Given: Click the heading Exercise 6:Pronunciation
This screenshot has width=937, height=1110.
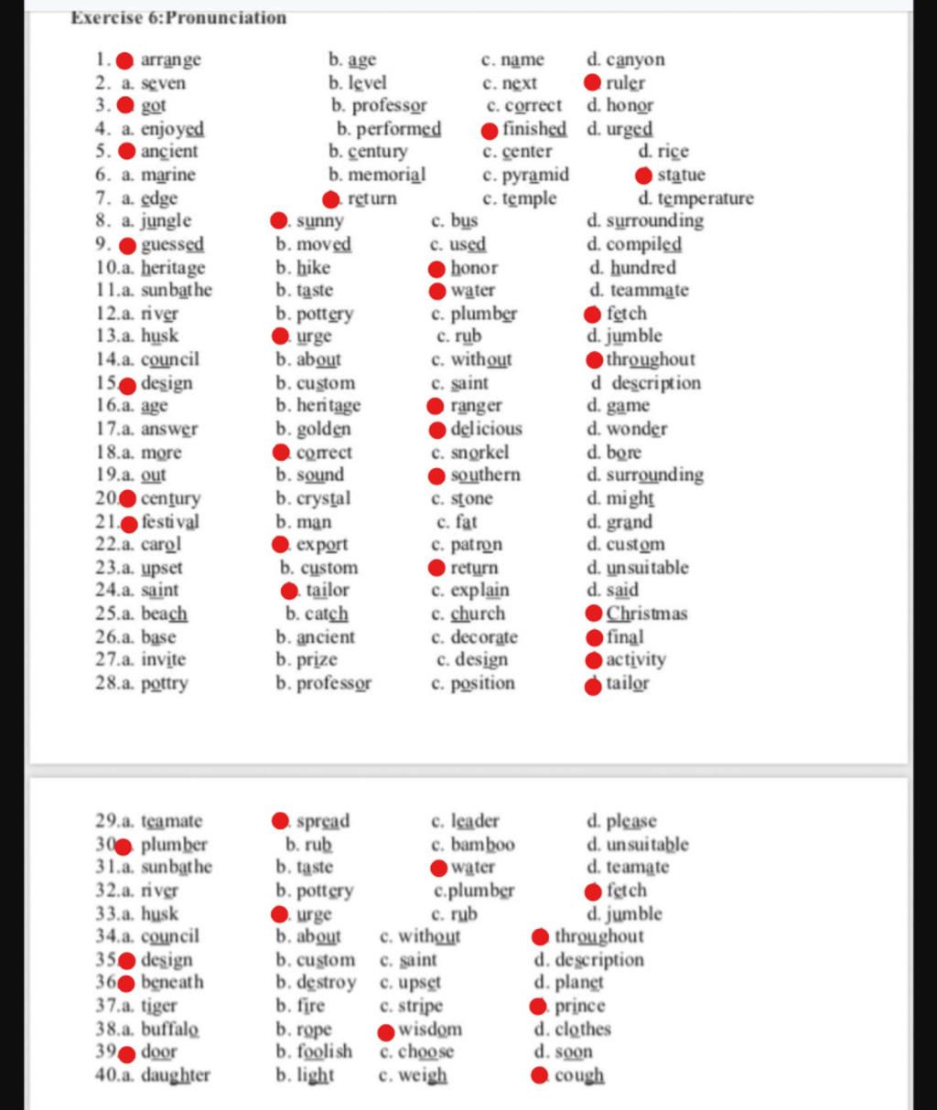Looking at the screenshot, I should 178,17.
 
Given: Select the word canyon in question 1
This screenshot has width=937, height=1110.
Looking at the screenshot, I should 635,60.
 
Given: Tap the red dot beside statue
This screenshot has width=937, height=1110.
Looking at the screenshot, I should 644,176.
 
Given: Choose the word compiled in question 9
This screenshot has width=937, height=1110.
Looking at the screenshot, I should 643,245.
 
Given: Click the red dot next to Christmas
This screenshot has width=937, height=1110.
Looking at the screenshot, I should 594,614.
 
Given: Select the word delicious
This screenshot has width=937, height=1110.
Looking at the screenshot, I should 486,429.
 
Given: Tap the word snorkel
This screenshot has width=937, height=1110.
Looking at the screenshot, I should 479,453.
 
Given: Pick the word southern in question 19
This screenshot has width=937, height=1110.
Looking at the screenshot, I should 485,475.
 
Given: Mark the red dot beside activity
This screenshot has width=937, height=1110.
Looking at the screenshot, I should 594,660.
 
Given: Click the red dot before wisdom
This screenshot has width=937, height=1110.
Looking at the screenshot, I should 386,1031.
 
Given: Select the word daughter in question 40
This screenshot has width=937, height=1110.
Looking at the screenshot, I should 175,1075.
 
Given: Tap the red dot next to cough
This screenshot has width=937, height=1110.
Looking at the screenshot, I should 541,1076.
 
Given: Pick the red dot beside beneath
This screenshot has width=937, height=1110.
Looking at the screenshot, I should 127,983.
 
